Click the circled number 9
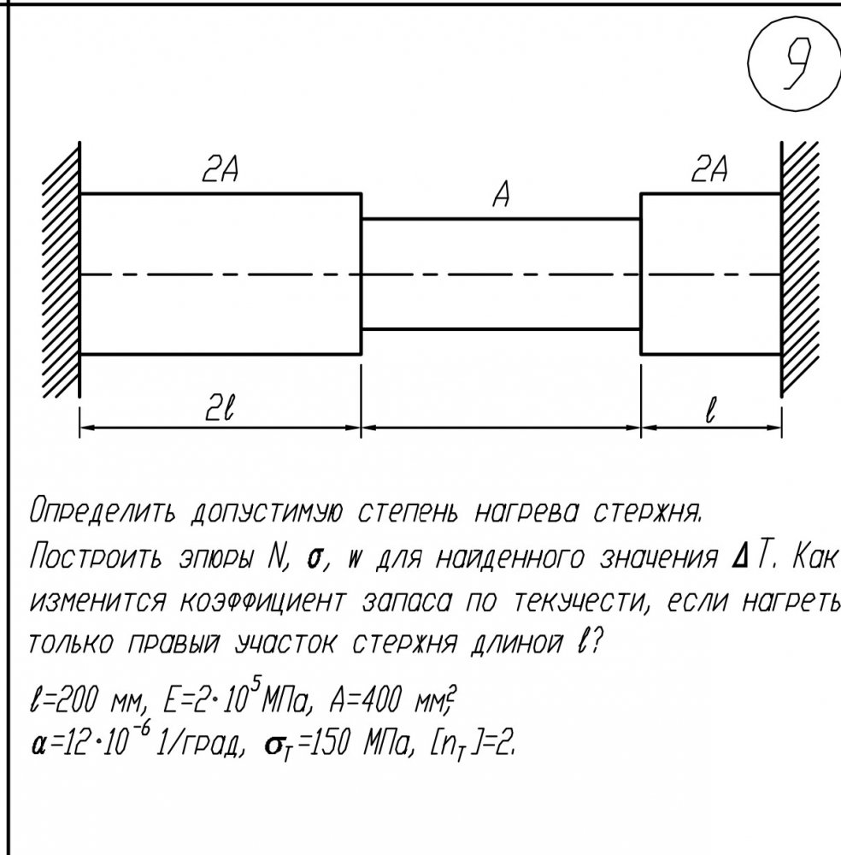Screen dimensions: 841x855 pyautogui.click(x=795, y=66)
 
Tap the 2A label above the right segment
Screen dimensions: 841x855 pyautogui.click(x=709, y=168)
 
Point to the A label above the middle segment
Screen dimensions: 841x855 pyautogui.click(x=502, y=195)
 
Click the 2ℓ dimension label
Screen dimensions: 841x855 pyautogui.click(x=220, y=409)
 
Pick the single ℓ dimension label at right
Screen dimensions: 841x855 pyautogui.click(x=709, y=410)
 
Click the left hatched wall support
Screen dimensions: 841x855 pyautogui.click(x=62, y=270)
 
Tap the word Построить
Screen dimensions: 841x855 pyautogui.click(x=96, y=557)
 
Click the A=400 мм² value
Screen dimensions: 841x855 pyautogui.click(x=393, y=699)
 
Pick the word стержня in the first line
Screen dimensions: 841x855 pyautogui.click(x=646, y=512)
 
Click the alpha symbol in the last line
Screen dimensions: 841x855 pyautogui.click(x=38, y=746)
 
